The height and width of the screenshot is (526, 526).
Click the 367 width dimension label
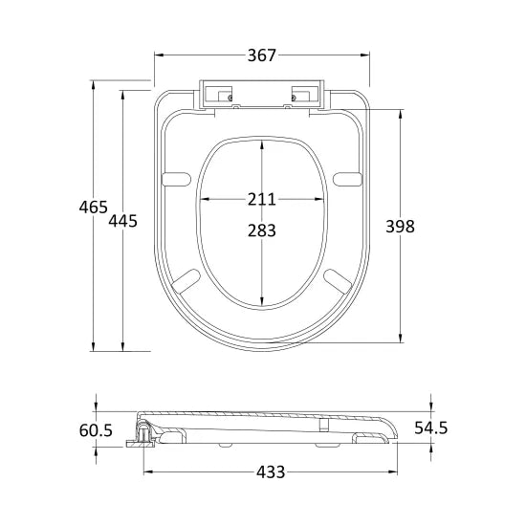coord(262,56)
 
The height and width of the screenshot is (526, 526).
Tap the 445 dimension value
coord(124,221)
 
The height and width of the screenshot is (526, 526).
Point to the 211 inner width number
coord(261,199)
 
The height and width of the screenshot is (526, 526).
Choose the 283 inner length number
coord(261,230)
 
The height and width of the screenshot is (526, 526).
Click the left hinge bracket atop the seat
coord(219,96)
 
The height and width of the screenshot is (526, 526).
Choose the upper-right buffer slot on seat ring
coord(347,176)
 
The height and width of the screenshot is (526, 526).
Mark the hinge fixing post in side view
coord(144,435)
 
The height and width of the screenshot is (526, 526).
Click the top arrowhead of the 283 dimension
coord(261,142)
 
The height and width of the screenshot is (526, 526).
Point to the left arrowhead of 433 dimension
coord(146,471)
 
